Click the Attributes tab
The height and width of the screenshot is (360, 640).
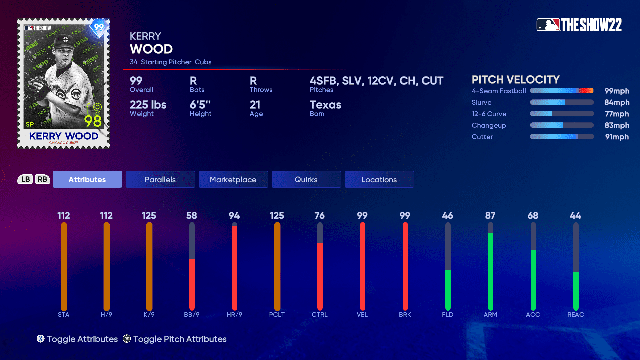coord(87,179)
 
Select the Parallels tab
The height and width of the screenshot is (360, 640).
coord(160,179)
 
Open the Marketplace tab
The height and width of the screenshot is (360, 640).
coord(233,179)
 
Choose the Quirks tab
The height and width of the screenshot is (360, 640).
coord(306,179)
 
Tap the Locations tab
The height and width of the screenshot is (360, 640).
coord(379,179)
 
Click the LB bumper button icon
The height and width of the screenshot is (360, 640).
coord(26,179)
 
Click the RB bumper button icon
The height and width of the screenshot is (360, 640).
coord(42,179)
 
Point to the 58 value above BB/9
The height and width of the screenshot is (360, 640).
coord(192,216)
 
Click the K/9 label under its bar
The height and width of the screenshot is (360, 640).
coord(149,315)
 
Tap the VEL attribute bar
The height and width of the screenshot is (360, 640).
coord(362,267)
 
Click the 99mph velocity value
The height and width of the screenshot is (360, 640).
coord(617,91)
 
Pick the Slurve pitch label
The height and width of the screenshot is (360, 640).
coord(482,103)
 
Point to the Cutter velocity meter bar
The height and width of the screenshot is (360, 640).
coord(562,137)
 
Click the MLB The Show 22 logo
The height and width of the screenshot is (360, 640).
coord(579,25)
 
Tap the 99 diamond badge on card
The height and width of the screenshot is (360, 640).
coord(99,27)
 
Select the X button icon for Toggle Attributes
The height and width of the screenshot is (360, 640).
coord(41,339)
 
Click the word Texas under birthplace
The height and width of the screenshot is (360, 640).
coord(325,105)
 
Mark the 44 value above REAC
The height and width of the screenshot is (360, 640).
coord(576,216)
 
